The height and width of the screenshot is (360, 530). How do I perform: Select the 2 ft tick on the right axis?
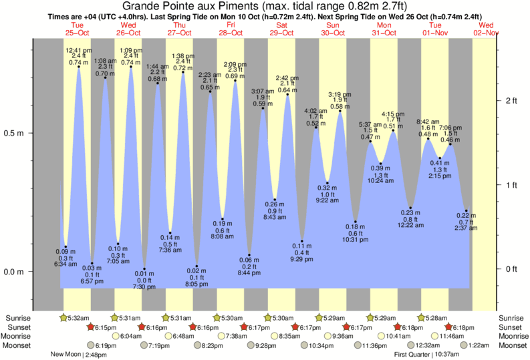[511, 100]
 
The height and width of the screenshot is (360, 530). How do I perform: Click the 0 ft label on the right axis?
[511, 268]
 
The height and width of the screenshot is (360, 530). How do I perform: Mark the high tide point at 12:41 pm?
[79, 67]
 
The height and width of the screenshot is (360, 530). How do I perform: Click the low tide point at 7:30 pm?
[144, 269]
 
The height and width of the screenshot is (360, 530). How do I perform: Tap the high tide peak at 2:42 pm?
[287, 94]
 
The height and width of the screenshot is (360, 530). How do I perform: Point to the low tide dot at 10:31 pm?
[356, 222]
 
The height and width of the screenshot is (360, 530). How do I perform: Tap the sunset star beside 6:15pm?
[91, 327]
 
